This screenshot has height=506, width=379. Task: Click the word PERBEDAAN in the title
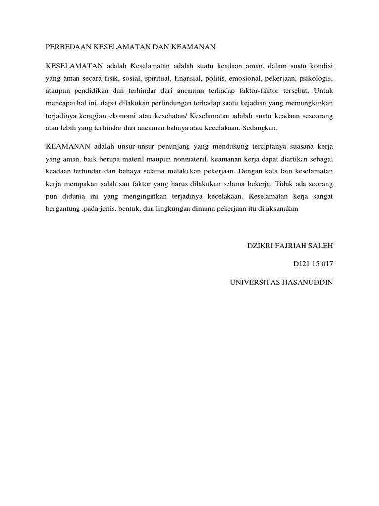(x=66, y=47)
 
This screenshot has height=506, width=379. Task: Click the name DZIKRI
(x=260, y=246)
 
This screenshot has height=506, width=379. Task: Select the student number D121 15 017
(x=313, y=264)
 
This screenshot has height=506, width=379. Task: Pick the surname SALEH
(x=322, y=246)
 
